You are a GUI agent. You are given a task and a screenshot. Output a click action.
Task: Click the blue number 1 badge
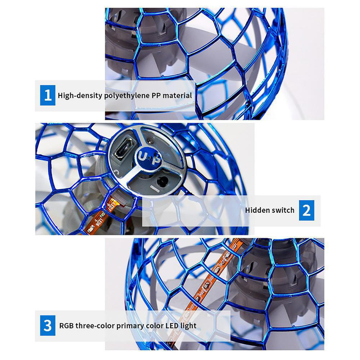[48, 95]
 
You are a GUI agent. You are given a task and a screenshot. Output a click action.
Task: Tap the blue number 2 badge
[306, 210]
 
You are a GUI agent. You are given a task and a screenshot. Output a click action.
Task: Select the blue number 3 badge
[48, 325]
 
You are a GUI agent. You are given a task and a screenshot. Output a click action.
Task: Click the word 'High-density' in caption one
[80, 95]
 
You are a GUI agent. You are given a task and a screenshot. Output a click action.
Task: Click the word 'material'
[177, 95]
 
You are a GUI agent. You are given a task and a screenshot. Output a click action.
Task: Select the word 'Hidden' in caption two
[256, 210]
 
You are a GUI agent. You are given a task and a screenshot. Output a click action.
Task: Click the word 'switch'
[282, 210]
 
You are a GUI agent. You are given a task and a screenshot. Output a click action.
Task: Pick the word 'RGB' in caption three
[66, 325]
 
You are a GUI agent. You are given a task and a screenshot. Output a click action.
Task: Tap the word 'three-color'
[95, 325]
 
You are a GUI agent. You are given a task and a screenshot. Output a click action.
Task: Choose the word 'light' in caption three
[188, 326]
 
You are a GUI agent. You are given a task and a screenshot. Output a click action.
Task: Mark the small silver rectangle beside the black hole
[154, 188]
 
